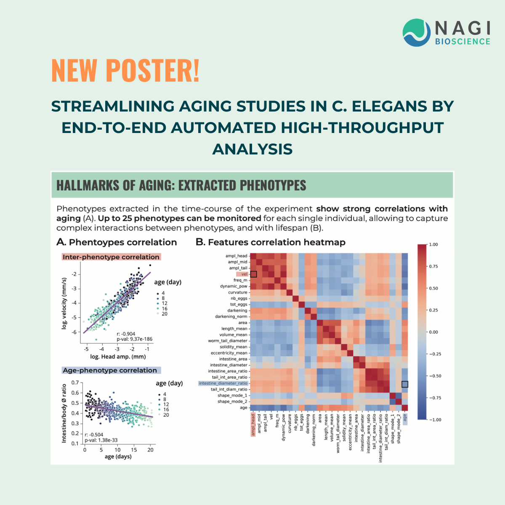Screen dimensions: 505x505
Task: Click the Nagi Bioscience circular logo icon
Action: (417, 32)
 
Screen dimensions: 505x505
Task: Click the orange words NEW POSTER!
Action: (125, 70)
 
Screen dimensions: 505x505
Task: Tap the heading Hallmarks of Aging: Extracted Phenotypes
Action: (181, 185)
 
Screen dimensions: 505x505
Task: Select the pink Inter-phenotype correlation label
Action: (111, 257)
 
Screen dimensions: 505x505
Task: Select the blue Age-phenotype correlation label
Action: (109, 370)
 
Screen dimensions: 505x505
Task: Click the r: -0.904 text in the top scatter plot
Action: (126, 334)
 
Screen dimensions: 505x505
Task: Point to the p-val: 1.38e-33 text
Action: (101, 440)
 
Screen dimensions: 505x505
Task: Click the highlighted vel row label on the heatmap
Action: (244, 274)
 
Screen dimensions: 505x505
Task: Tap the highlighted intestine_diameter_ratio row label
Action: (223, 383)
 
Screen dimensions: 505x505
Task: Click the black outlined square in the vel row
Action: (254, 274)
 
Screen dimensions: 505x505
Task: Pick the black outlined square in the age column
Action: (405, 384)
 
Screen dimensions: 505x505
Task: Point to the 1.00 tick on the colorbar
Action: (433, 245)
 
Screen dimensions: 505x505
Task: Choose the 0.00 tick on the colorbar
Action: (433, 332)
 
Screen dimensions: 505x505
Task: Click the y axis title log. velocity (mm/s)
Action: (64, 303)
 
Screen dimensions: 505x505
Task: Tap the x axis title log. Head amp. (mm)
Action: (118, 357)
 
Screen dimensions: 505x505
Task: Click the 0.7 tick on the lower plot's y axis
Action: (74, 383)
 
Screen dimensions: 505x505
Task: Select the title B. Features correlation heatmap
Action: (271, 242)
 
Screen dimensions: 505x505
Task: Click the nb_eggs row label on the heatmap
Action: (239, 298)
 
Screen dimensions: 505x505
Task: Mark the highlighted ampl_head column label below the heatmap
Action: (253, 425)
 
